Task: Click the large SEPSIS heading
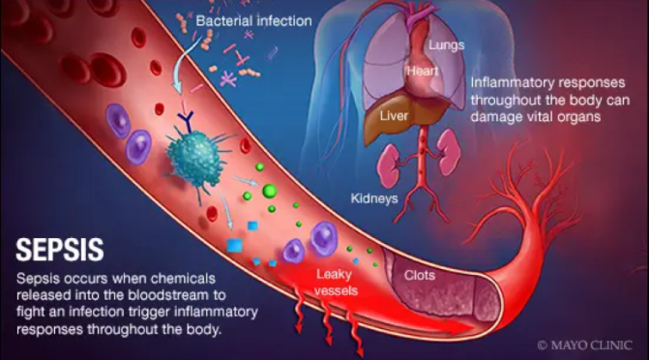click(x=60, y=250)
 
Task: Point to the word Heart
click(x=421, y=71)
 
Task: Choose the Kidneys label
click(x=373, y=199)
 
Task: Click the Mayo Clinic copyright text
click(x=585, y=344)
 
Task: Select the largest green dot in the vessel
click(x=270, y=192)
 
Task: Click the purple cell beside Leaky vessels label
click(x=321, y=239)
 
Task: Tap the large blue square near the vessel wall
click(x=235, y=246)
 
